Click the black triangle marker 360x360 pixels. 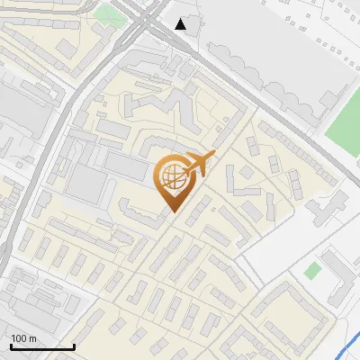click(181, 24)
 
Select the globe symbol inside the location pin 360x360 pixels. click(171, 176)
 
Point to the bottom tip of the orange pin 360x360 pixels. click(173, 211)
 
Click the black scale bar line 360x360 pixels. click(41, 346)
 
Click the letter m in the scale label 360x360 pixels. click(32, 338)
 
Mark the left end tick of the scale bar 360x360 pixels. click(10, 345)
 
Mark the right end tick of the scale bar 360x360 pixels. click(73, 345)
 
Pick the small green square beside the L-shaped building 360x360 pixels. click(312, 270)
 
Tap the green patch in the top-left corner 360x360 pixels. click(107, 13)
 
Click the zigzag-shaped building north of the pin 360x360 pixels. click(162, 108)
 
